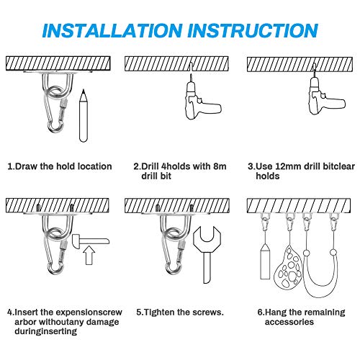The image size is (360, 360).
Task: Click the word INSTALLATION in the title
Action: (112, 30)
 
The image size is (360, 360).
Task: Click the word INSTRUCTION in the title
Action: (253, 30)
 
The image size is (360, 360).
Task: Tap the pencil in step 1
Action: (84, 116)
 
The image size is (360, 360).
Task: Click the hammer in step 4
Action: (91, 241)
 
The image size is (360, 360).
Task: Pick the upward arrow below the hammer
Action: (89, 255)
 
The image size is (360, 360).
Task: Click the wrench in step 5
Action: (207, 254)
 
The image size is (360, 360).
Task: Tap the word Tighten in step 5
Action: (159, 312)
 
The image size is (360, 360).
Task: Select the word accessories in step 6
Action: (289, 322)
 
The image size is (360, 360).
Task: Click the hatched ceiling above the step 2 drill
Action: (176, 63)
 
